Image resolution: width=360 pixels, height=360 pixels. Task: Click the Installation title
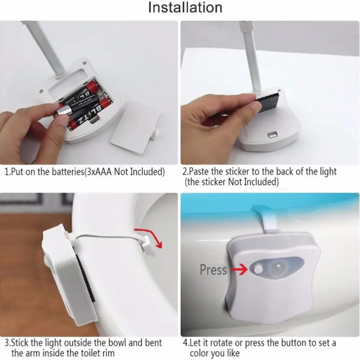[185, 7]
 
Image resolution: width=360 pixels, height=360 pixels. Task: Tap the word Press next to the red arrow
[213, 269]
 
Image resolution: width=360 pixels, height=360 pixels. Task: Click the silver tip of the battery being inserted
[60, 112]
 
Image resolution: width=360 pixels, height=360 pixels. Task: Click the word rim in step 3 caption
[108, 353]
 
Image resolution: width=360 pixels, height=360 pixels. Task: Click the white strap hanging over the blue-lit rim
[268, 219]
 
